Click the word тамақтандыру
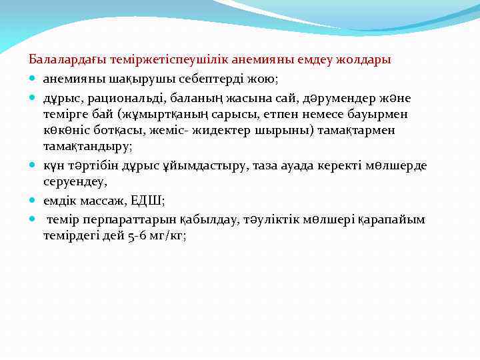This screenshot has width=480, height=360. (x=87, y=145)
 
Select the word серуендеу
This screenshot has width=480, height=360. (x=73, y=181)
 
